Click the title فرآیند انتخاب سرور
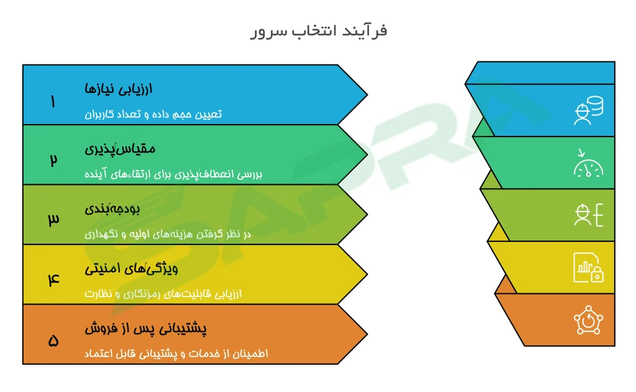tap(319, 31)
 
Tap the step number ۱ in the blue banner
tap(53, 101)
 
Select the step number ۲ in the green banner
tap(53, 160)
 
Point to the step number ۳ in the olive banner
tap(53, 219)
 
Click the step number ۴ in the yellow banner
tap(53, 279)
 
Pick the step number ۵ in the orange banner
tap(53, 341)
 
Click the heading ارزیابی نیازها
tap(119, 89)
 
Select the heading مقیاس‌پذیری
tap(120, 149)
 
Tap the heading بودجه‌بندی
tap(112, 209)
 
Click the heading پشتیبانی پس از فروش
tap(145, 328)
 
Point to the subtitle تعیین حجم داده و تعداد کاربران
tap(153, 114)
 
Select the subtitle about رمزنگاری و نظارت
tap(163, 293)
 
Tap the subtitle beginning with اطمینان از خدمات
tap(176, 354)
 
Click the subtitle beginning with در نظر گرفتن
tap(168, 234)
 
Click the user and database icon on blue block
tap(589, 110)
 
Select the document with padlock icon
tap(589, 267)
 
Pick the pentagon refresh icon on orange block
tap(589, 320)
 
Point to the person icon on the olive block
tap(583, 215)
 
